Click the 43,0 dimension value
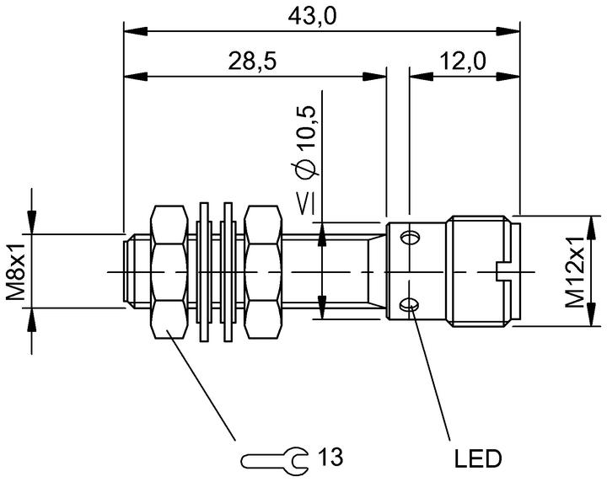click(313, 17)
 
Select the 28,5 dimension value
click(252, 62)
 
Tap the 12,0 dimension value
click(463, 62)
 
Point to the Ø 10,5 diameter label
click(307, 142)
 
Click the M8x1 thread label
click(16, 271)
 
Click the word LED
click(478, 458)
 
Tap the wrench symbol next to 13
click(275, 458)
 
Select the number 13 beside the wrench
click(331, 457)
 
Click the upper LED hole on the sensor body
click(409, 238)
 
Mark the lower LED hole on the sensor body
click(409, 306)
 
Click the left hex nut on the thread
click(169, 272)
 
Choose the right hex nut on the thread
click(263, 272)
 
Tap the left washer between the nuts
click(204, 272)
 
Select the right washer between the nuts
click(228, 272)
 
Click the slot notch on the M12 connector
click(502, 272)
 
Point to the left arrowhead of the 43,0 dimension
click(136, 32)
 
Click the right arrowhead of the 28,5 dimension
click(374, 76)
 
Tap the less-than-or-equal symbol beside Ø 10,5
click(307, 205)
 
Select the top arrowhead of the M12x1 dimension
click(591, 229)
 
